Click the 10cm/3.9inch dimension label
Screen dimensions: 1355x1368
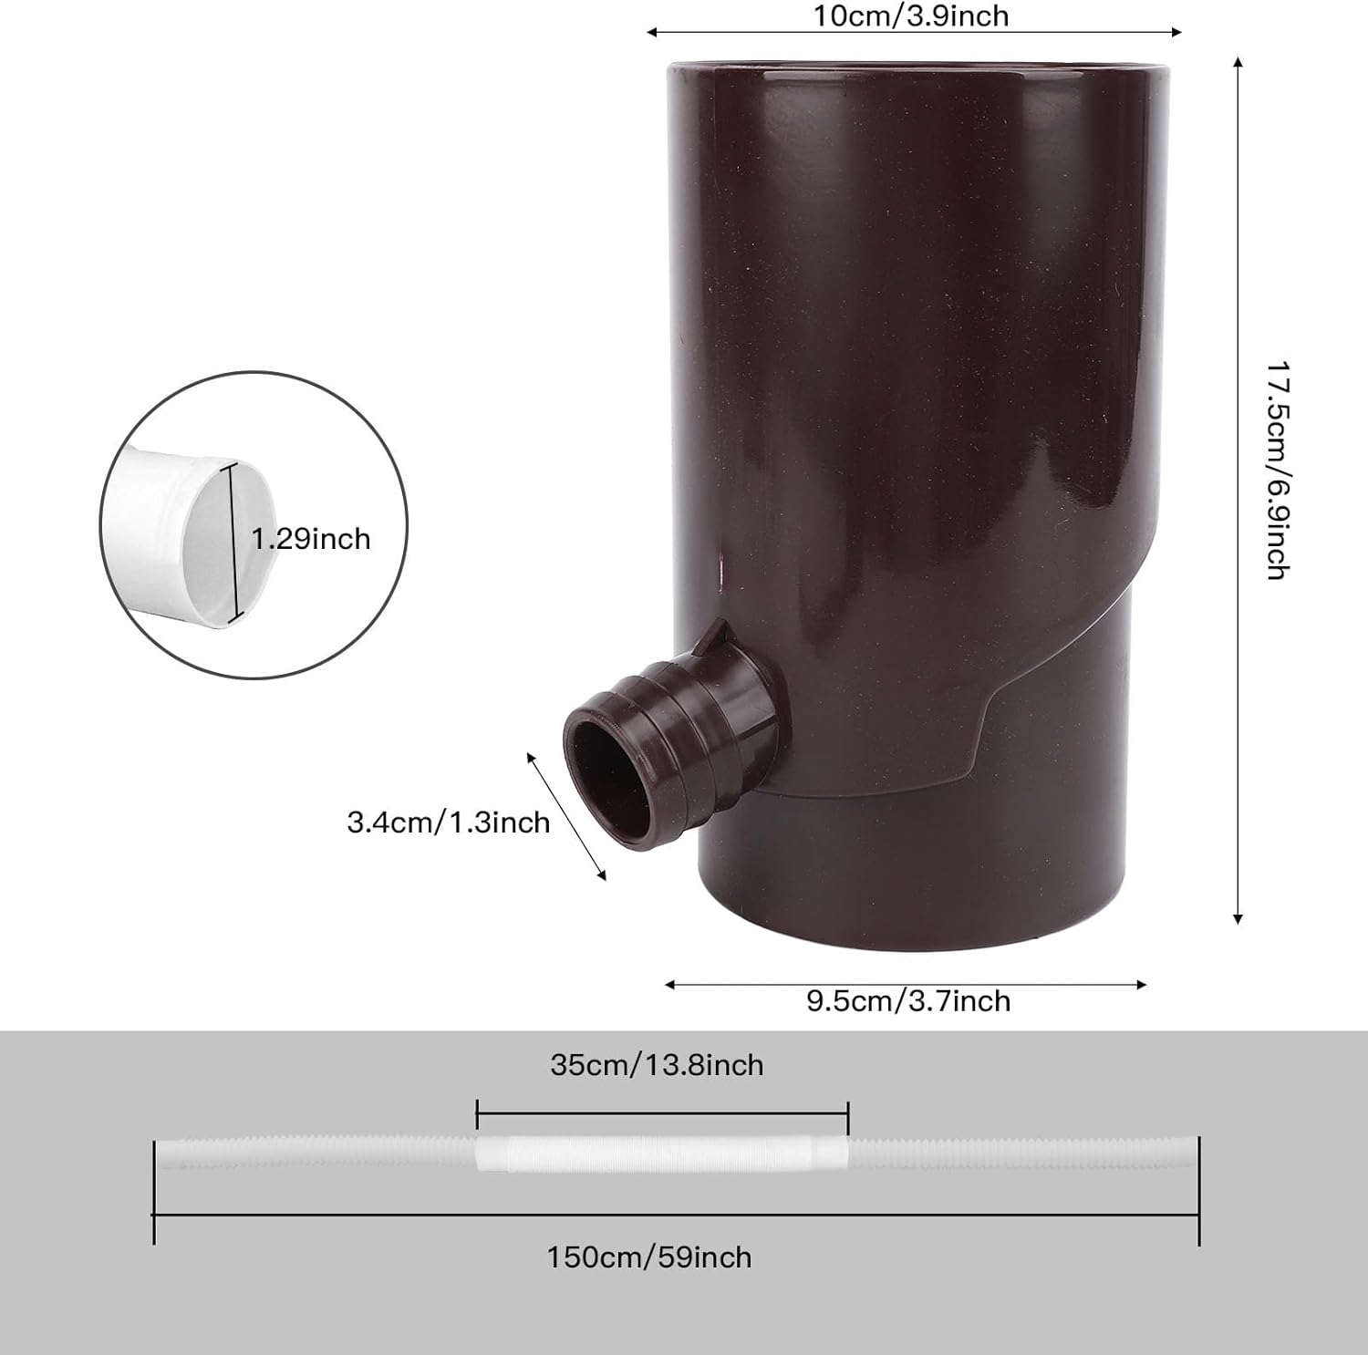click(x=911, y=16)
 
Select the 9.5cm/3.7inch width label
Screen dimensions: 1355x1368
click(x=908, y=1001)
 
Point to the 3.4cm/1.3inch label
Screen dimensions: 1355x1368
click(x=449, y=822)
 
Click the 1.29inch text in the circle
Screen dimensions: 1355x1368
click(x=312, y=539)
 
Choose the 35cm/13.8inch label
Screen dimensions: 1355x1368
click(x=657, y=1065)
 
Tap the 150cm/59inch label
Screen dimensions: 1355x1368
click(x=649, y=1257)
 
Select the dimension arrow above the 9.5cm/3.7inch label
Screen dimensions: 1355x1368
click(x=905, y=984)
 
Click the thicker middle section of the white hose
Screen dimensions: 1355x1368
click(x=663, y=1153)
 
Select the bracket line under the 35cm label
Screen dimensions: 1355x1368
click(x=663, y=1113)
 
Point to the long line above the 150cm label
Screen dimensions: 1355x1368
click(x=676, y=1215)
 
